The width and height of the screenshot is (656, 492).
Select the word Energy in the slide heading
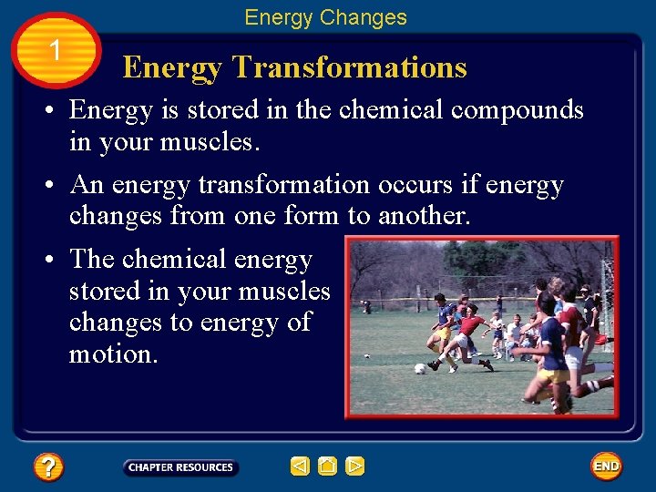pos(172,67)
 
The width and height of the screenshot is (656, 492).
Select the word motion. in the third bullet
pos(113,354)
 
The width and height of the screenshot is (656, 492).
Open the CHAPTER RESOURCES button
pos(180,467)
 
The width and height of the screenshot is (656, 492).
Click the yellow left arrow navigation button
pos(300,466)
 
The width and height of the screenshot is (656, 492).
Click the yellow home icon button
pos(327,466)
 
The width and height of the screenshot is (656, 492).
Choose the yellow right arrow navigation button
pos(355,466)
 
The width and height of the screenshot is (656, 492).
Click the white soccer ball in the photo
pos(419,369)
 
